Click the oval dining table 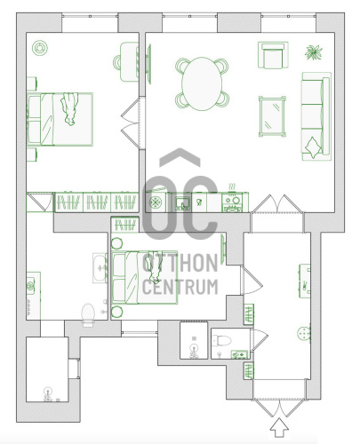point(202,83)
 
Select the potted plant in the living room point(314,52)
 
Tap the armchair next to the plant point(273,55)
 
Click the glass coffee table point(272,116)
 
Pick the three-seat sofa point(316,116)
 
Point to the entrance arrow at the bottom point(279,427)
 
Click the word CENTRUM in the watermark point(180,287)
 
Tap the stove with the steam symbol point(232,202)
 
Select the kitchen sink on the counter point(183,203)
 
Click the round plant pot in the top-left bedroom point(40,48)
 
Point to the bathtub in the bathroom point(100,268)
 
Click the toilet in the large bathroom point(88,314)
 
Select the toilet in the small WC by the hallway point(221,341)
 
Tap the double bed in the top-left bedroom point(60,119)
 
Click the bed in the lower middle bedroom point(145,278)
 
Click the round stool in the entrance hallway point(304,334)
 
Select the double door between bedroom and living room point(132,123)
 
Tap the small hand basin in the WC point(239,354)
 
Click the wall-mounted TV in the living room point(149,64)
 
